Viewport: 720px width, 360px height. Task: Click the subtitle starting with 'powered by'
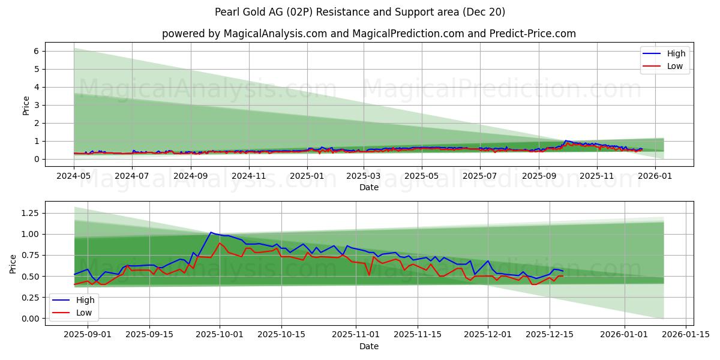click(x=368, y=34)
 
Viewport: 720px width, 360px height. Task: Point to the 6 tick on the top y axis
click(x=36, y=52)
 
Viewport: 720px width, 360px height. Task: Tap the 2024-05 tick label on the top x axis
click(x=74, y=176)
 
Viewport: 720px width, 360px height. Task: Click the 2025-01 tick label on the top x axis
click(x=307, y=176)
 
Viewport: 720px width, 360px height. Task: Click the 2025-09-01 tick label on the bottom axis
click(x=88, y=335)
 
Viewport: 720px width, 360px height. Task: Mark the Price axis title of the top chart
click(x=26, y=105)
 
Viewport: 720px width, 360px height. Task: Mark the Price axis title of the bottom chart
click(x=13, y=263)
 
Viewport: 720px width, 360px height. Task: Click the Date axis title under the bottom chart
click(x=368, y=346)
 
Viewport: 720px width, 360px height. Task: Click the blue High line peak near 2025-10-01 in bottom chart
click(x=211, y=232)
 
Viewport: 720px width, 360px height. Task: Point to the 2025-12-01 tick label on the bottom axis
click(x=487, y=335)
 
